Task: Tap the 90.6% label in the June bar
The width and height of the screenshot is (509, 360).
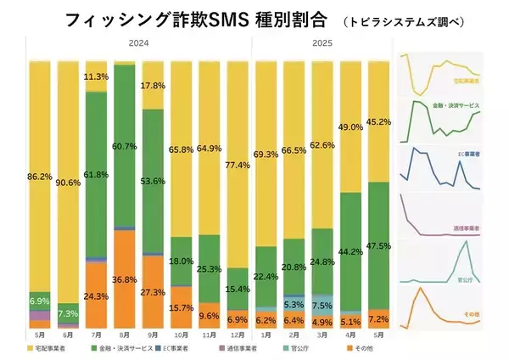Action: pos(69,180)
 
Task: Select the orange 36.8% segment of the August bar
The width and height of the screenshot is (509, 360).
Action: pos(125,278)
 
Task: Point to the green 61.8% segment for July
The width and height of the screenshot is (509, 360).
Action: pos(96,174)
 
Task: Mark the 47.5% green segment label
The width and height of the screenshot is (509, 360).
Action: pos(378,247)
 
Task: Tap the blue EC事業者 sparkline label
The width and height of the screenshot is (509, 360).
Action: pos(466,154)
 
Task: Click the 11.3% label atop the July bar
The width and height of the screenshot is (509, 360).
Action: pos(96,76)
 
